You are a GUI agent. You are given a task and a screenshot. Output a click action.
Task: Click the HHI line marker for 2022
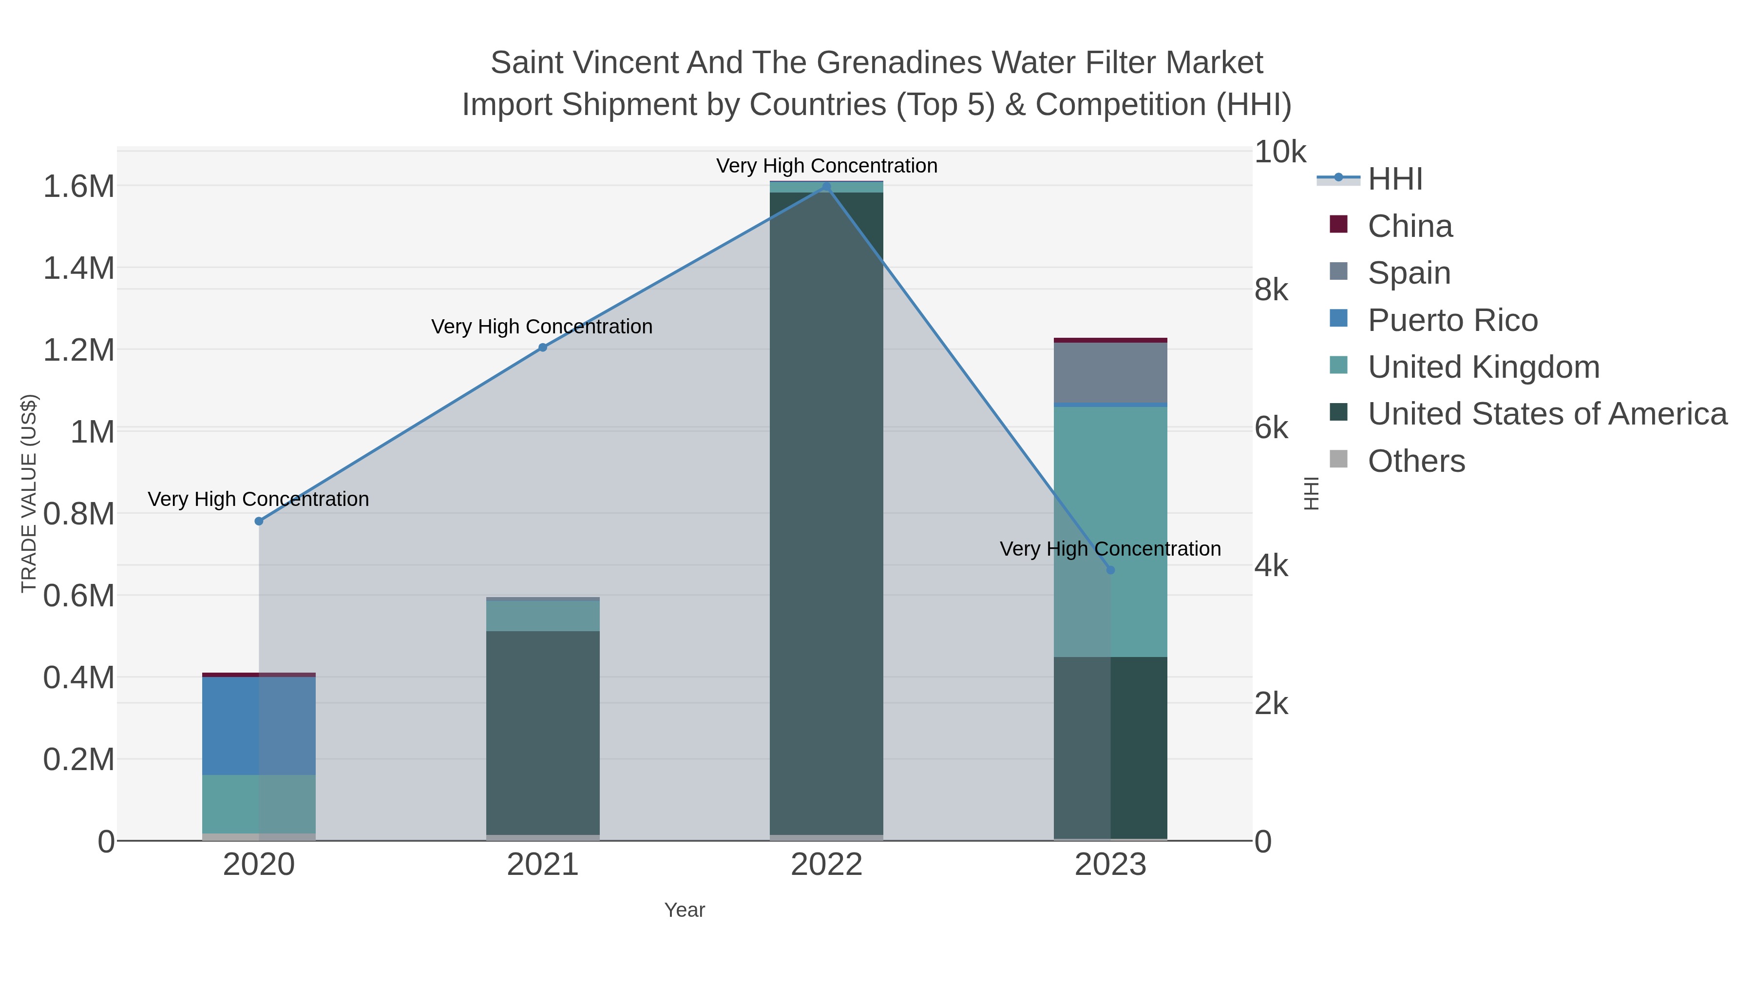827,187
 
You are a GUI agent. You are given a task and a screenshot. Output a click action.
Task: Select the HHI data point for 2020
259,521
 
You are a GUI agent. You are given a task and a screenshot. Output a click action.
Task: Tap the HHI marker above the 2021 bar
543,348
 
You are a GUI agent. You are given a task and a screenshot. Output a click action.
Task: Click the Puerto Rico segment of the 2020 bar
259,725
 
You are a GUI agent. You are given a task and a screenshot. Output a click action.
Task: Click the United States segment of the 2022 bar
827,511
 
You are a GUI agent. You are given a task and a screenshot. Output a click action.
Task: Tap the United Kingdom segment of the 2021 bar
543,615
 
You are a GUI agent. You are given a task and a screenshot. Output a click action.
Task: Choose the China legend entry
1410,226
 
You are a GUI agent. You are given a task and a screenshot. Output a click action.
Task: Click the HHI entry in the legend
1394,179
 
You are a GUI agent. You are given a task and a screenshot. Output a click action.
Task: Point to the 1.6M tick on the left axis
79,187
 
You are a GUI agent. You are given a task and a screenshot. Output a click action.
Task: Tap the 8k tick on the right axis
1271,290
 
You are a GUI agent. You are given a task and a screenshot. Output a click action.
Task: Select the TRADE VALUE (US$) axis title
29,493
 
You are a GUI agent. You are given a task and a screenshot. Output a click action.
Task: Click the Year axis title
685,910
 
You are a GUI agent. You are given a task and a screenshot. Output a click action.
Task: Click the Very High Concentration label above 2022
827,166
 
